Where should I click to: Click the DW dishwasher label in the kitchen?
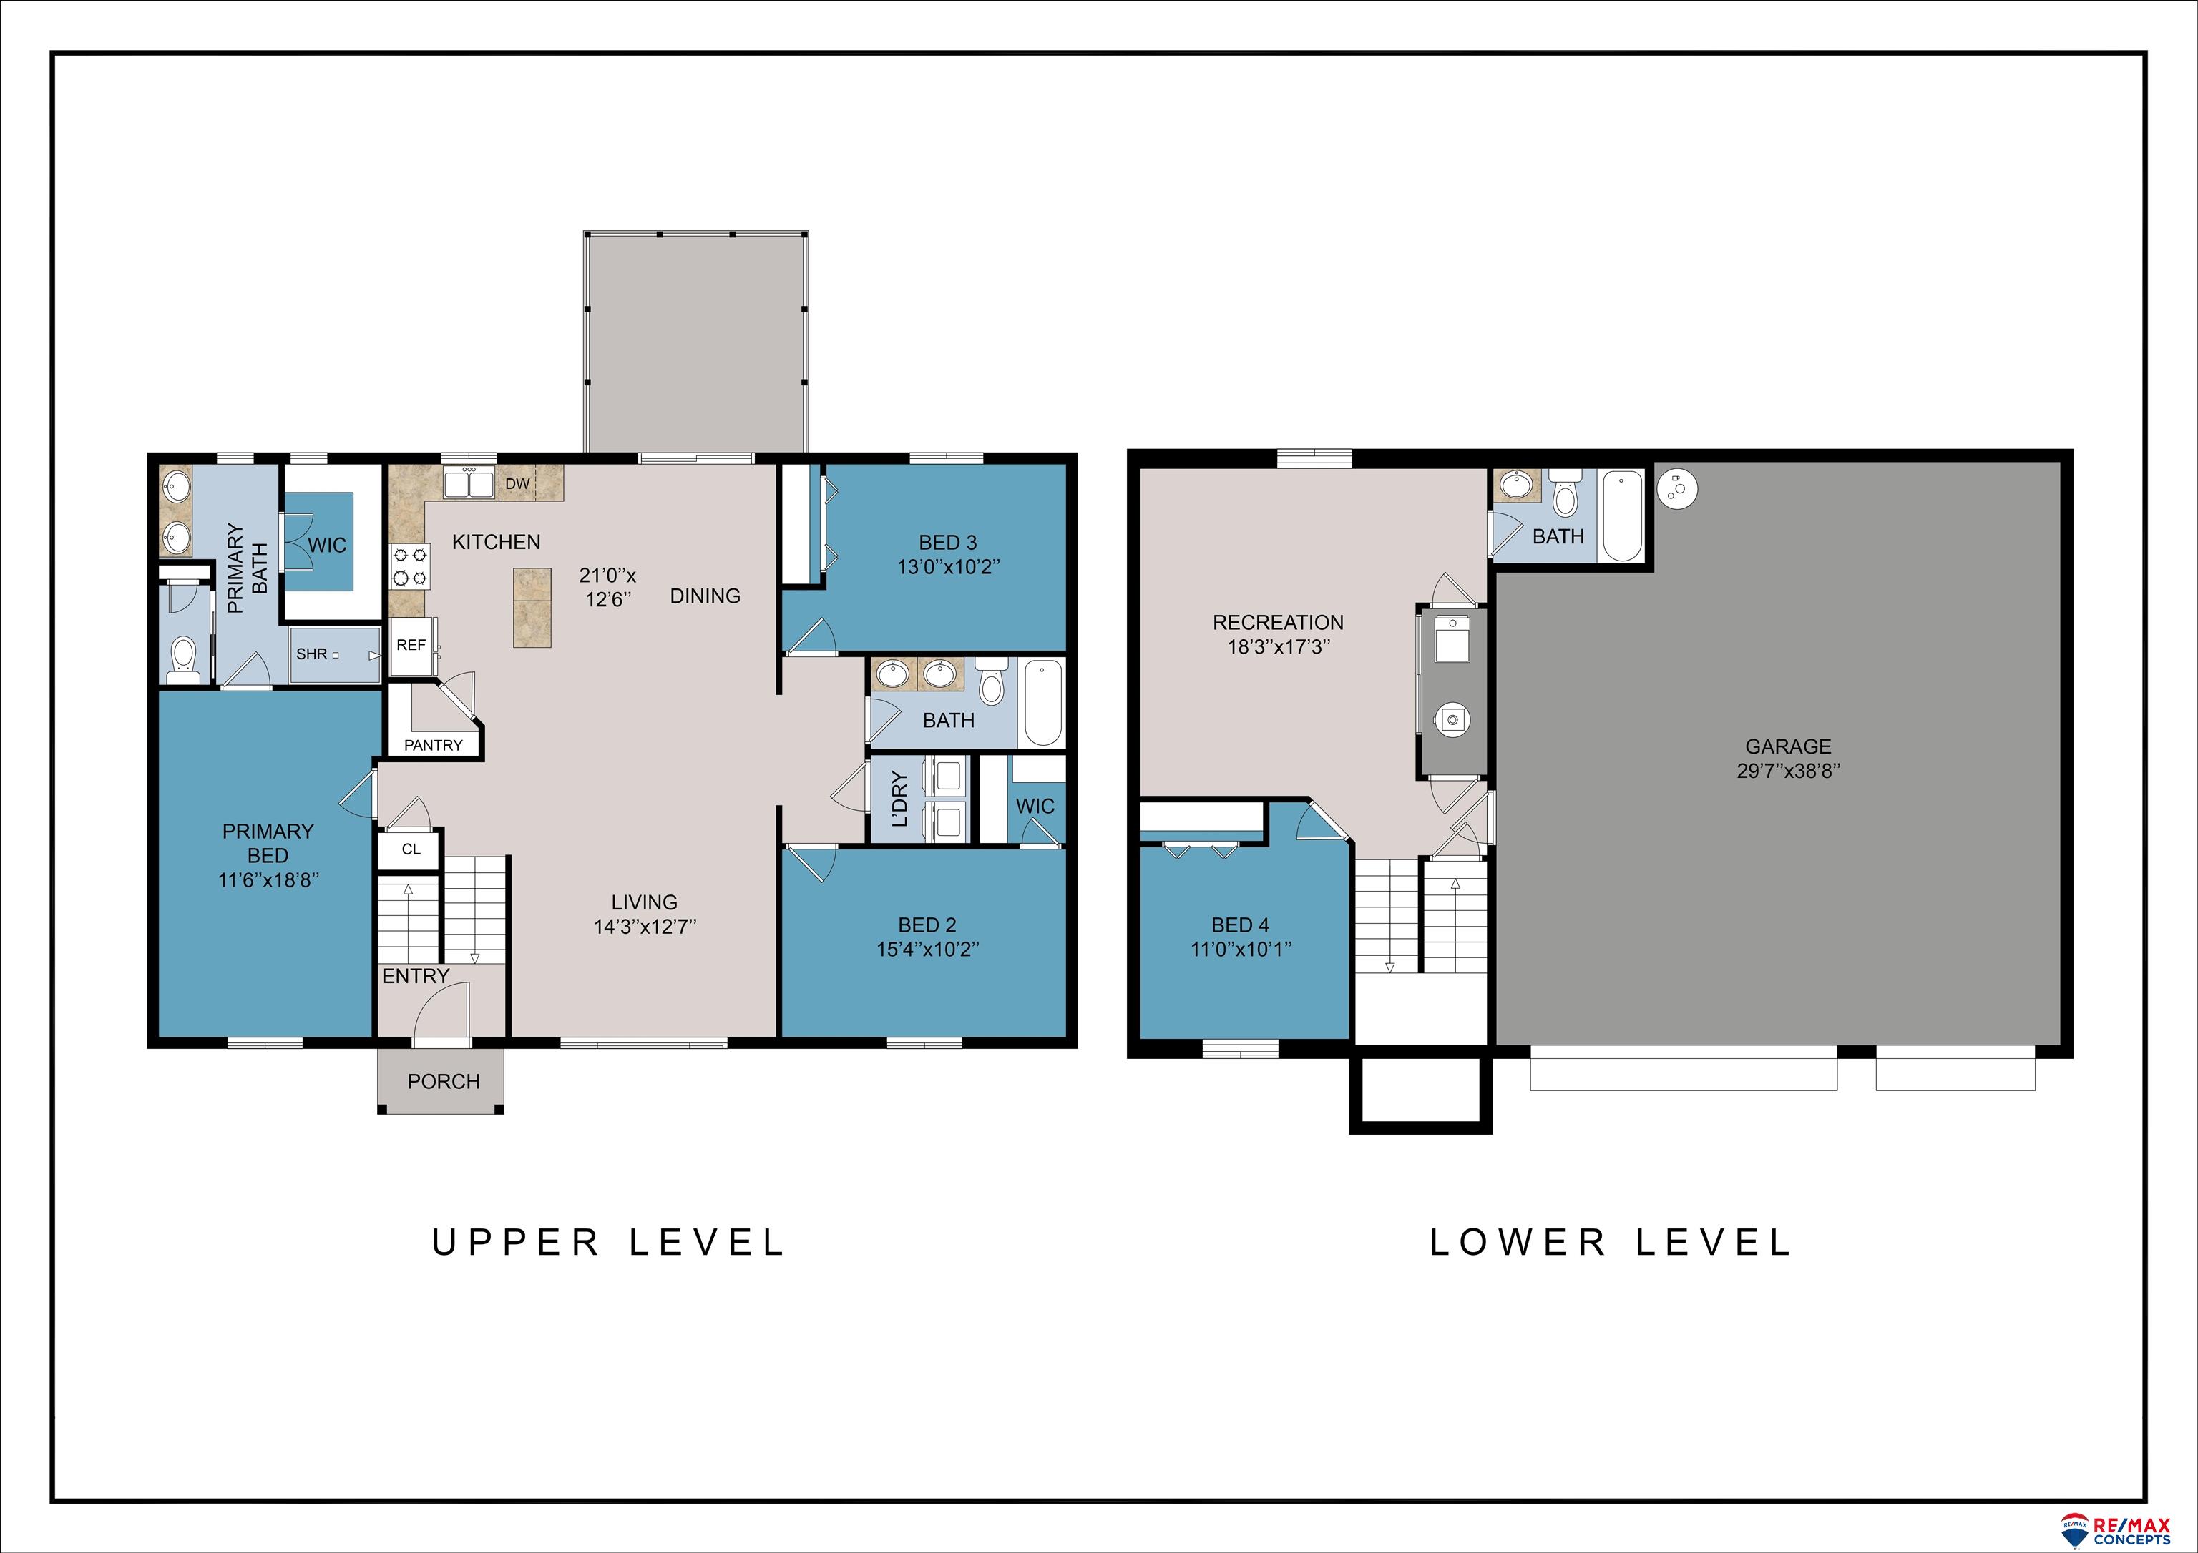coord(517,484)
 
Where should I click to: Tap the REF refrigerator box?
coord(411,646)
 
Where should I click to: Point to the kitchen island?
coord(532,608)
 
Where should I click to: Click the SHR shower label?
coord(311,654)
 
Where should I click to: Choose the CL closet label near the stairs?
coord(411,849)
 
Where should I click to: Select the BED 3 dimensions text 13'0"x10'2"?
coord(948,566)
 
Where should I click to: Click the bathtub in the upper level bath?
coord(1043,704)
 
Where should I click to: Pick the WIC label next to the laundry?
coord(1035,807)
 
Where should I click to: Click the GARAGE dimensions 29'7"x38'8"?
coord(1788,771)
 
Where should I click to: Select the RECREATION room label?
coord(1278,623)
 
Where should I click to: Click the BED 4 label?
coord(1240,925)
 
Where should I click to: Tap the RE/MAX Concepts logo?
coord(2116,1530)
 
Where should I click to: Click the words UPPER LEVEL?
coord(608,1243)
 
